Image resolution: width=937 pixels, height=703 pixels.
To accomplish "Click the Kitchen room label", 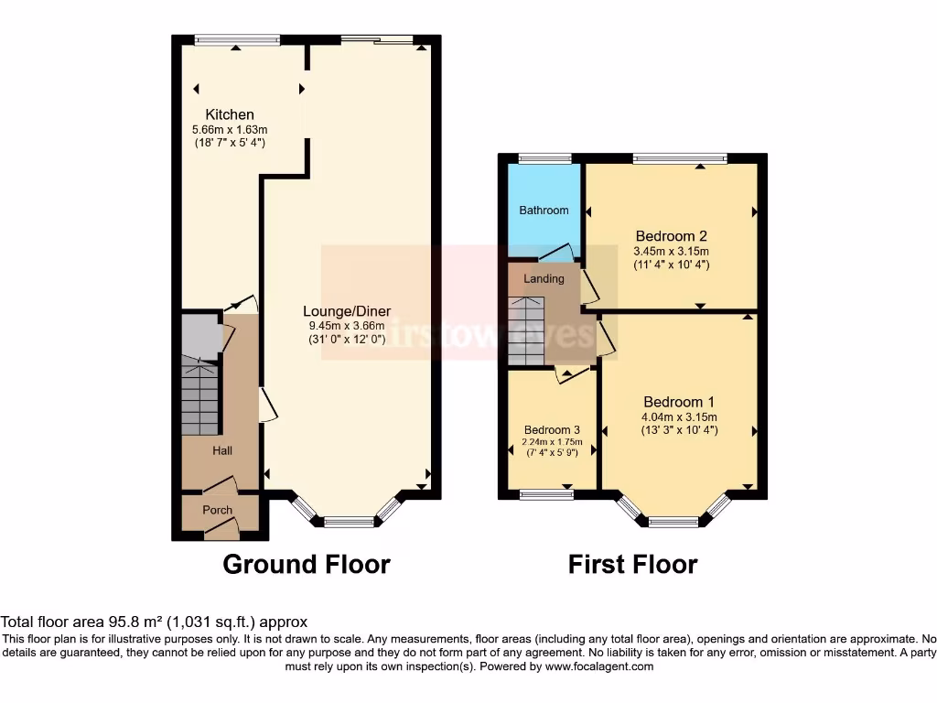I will [x=230, y=114].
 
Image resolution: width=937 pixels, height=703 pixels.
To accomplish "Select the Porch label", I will [x=217, y=510].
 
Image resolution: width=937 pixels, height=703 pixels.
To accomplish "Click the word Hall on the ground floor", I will [x=222, y=450].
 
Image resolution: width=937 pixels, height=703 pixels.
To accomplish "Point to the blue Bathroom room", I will [x=544, y=210].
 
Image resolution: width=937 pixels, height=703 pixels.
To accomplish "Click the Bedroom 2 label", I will [x=672, y=235].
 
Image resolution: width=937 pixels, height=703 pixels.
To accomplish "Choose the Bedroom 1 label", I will [x=679, y=402].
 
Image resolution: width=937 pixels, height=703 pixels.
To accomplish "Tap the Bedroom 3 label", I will [x=552, y=429].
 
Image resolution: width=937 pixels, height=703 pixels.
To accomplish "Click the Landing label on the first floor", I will [x=544, y=278].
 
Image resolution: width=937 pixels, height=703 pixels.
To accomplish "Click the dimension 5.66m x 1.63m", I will [x=230, y=130].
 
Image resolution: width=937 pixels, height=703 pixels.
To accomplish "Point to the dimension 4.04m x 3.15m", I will [x=679, y=417].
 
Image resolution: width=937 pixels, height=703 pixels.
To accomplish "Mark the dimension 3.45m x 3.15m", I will [x=672, y=251].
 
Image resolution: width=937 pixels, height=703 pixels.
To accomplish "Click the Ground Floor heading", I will [x=307, y=565].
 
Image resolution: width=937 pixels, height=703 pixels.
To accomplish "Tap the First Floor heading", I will [x=632, y=565].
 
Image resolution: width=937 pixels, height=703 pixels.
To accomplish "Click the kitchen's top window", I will [x=237, y=39].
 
